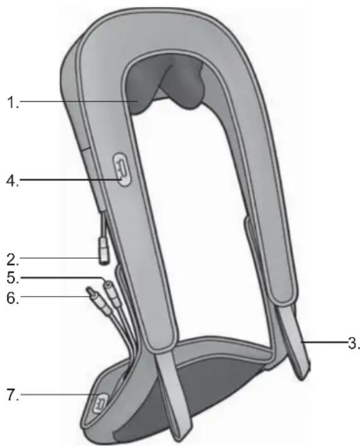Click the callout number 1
point(13,102)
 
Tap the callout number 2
point(13,260)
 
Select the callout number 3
point(354,343)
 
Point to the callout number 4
point(13,180)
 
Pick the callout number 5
point(13,277)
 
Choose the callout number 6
point(13,298)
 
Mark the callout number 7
point(13,395)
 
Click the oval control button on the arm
point(122,170)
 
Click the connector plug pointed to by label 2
point(104,251)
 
